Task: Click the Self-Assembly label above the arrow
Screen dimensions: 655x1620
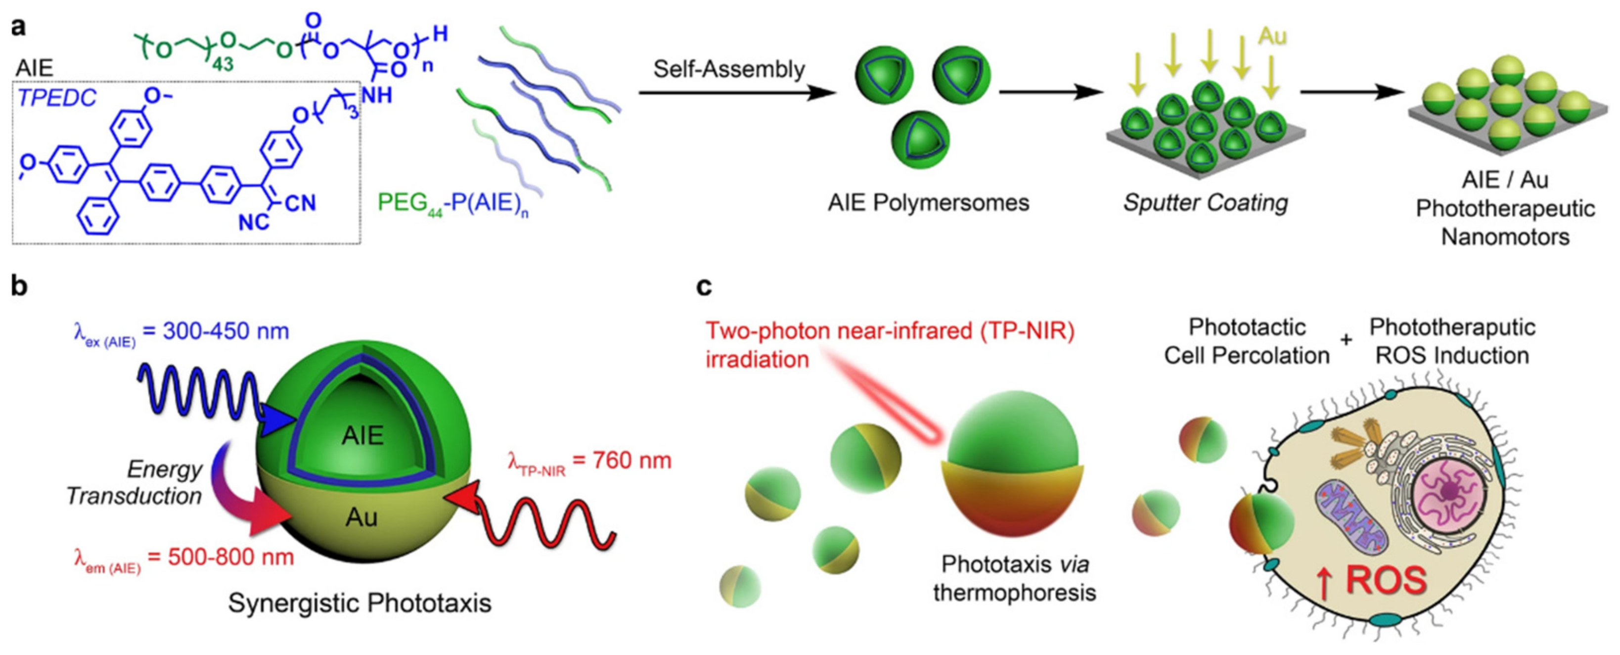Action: [728, 69]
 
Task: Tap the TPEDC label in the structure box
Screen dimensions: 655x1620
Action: [56, 98]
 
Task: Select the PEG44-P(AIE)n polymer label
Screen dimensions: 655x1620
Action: [452, 203]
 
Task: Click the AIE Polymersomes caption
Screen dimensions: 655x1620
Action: [928, 203]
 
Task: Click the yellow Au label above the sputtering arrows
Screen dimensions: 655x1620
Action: [1271, 37]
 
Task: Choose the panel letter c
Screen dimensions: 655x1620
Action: [704, 286]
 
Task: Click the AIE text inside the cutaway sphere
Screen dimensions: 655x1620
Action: [362, 435]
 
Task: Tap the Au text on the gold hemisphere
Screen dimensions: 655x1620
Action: [361, 517]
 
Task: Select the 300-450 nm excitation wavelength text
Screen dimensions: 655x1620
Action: [226, 331]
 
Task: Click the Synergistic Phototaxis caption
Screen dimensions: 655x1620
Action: [359, 603]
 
